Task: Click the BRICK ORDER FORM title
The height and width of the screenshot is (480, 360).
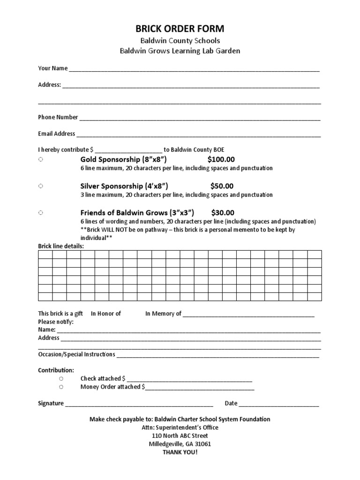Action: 180,29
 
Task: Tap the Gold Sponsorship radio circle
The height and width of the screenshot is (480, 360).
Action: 41,160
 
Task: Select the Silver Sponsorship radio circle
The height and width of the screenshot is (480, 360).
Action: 41,186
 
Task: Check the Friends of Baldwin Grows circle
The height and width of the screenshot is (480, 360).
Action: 41,212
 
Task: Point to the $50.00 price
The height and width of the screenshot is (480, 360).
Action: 222,186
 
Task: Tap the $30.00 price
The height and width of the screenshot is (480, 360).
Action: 223,212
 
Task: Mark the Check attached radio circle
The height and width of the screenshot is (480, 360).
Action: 61,378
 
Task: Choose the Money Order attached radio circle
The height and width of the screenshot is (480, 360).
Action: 61,387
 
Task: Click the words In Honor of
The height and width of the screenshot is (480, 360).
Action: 106,314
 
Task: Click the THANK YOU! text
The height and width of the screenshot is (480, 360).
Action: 180,452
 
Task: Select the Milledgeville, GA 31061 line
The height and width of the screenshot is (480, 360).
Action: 180,444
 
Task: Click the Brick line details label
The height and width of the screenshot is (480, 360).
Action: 61,246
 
